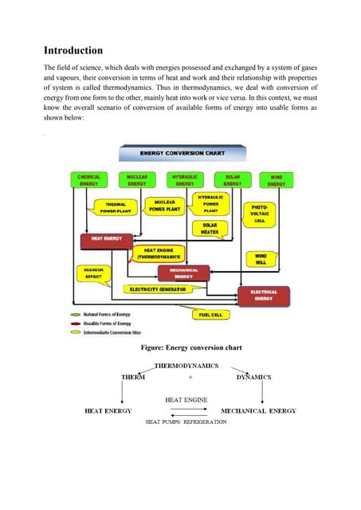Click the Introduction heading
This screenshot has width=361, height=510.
point(77,50)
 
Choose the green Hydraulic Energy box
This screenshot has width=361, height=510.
point(185,180)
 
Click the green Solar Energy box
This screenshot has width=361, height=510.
point(232,180)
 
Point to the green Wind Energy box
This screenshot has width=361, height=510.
point(276,180)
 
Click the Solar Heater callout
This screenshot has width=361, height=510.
point(209,229)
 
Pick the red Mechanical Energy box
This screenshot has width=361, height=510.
point(184,273)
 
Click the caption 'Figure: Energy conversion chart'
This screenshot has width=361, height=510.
point(186,348)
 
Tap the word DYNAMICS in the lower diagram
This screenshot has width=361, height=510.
point(253,376)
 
